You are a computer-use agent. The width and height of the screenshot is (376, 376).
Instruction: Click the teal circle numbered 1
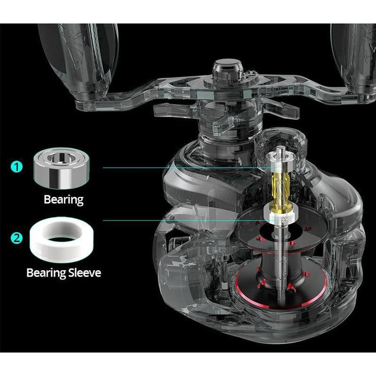tap(16, 167)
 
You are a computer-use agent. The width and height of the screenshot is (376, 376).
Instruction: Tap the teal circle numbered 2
tap(16, 238)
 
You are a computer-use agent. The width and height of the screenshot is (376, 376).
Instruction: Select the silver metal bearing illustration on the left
tap(61, 168)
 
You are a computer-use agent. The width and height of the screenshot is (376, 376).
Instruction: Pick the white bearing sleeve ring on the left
tap(62, 239)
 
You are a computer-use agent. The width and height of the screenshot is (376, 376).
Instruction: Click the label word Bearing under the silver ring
tap(63, 200)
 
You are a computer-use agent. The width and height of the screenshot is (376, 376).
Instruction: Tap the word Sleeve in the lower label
tap(85, 273)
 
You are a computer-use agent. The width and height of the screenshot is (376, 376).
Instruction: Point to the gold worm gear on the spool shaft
tap(281, 189)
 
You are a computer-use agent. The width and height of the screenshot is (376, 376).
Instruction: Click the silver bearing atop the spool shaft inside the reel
tap(280, 162)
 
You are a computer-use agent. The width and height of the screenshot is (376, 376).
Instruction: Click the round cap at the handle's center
tap(228, 70)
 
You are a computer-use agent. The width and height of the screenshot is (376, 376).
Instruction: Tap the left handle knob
tap(78, 62)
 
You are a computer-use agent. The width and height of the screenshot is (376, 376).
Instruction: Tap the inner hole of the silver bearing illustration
tap(61, 158)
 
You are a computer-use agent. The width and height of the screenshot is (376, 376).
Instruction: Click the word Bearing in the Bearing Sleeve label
tap(46, 273)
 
